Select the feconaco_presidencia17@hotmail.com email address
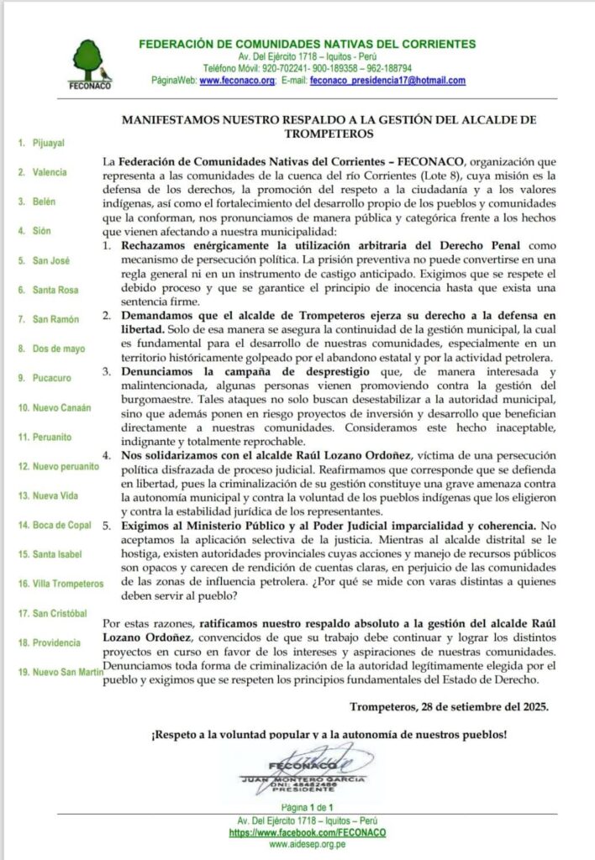click(387, 81)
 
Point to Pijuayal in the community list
click(46, 144)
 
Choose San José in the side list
click(50, 260)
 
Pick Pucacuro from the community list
click(52, 378)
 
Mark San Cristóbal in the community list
click(55, 613)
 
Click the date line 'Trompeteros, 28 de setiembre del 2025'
click(449, 706)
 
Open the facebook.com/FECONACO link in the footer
click(308, 832)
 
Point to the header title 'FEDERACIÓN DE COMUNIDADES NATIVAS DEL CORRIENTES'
click(308, 44)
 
